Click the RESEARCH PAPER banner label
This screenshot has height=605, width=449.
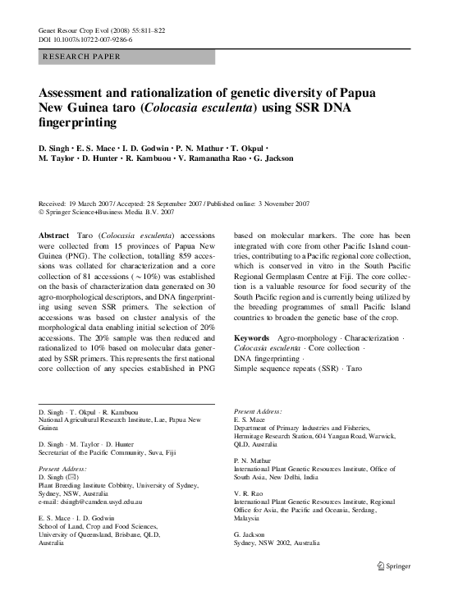click(80, 57)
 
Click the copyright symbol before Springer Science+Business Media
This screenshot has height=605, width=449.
click(42, 211)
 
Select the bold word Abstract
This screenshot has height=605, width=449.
click(55, 235)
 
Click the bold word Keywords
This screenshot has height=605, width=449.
click(251, 337)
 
